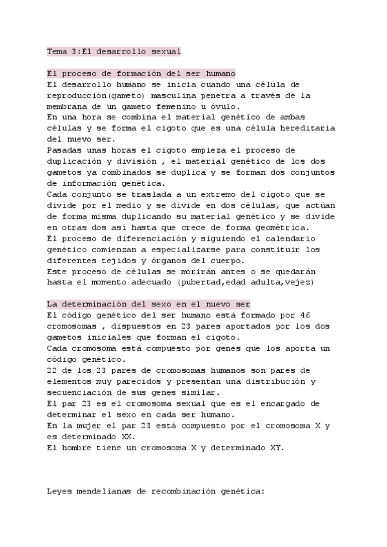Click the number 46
pyautogui.click(x=306, y=315)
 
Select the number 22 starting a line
pyautogui.click(x=52, y=370)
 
